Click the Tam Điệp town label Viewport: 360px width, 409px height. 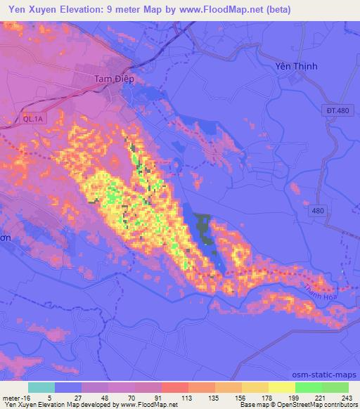(x=114, y=79)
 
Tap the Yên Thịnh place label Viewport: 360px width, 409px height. (x=295, y=66)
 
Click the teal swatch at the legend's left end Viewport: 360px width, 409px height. (x=41, y=387)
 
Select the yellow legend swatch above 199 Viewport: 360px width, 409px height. (x=281, y=387)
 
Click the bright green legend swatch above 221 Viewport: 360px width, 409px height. (x=308, y=387)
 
